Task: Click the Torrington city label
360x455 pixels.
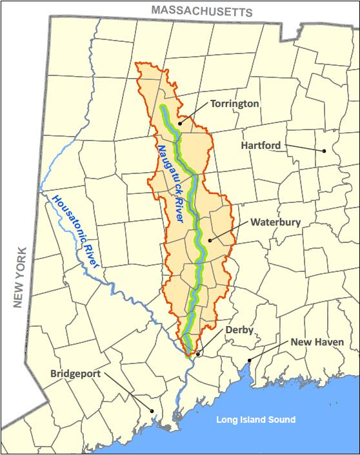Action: point(234,104)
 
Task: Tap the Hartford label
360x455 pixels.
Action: point(261,146)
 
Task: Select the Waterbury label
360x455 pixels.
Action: point(275,222)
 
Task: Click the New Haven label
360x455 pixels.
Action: point(316,342)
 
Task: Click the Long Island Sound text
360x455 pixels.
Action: point(256,420)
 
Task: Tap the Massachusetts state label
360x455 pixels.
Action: point(201,11)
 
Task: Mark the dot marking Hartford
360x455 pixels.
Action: point(325,151)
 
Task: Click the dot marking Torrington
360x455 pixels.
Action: point(180,121)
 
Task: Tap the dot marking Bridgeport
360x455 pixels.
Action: point(152,411)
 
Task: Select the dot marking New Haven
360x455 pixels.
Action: point(249,360)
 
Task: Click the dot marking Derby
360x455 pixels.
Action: point(197,353)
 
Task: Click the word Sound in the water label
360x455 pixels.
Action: point(281,420)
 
